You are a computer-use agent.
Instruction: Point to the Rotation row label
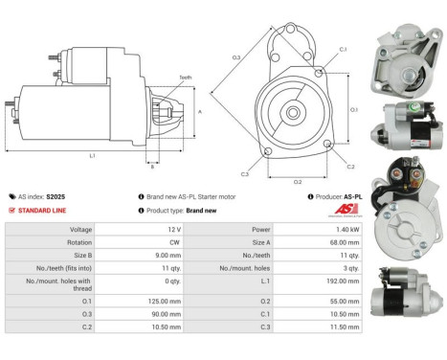[x=79, y=243]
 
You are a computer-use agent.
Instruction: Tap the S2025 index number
[x=57, y=197]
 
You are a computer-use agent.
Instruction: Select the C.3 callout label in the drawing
[x=245, y=174]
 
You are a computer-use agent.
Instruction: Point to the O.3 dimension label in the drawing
[x=236, y=57]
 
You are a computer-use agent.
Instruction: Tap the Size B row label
[x=79, y=258]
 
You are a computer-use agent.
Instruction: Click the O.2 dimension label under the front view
[x=298, y=180]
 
